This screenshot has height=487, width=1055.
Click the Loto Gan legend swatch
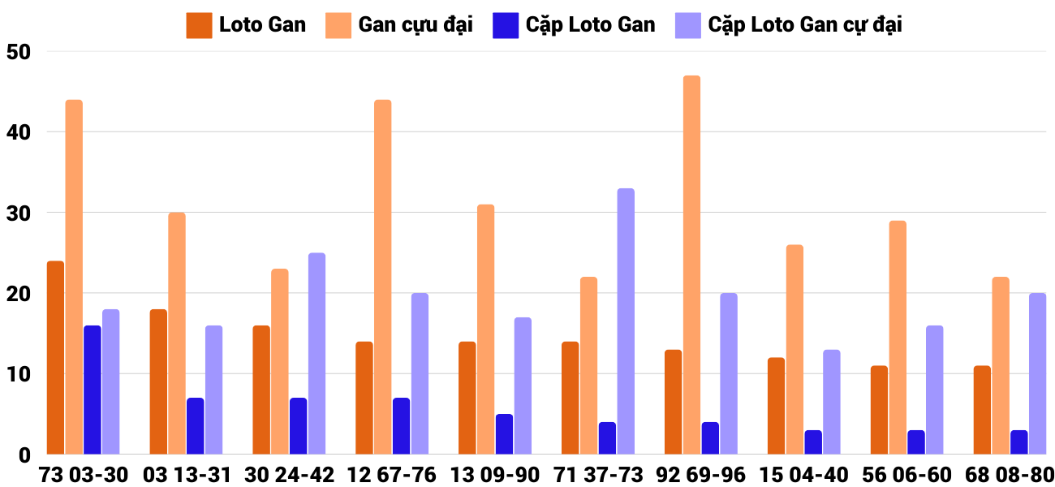click(199, 25)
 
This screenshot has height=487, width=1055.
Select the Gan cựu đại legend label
click(415, 25)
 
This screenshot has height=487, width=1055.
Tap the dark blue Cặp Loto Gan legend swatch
click(505, 25)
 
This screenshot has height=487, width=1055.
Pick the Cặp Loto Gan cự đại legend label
click(804, 25)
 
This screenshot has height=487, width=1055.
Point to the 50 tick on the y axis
click(18, 52)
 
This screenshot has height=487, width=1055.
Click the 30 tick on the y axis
click(18, 213)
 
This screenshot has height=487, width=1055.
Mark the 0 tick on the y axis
click(24, 455)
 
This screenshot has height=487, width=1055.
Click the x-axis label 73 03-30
click(84, 475)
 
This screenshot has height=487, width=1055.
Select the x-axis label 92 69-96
click(701, 475)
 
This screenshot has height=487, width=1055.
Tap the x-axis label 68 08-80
click(1010, 475)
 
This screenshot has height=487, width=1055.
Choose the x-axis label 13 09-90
click(495, 475)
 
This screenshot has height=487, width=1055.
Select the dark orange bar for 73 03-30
click(55, 357)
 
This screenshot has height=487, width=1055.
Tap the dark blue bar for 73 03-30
click(93, 390)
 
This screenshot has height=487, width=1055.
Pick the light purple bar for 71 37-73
click(626, 321)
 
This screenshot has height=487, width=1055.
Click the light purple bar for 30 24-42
click(316, 353)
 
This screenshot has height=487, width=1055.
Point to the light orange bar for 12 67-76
click(382, 277)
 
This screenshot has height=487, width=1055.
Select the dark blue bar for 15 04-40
click(813, 442)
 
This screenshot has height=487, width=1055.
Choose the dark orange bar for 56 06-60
click(879, 410)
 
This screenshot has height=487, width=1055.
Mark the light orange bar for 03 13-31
click(177, 333)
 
